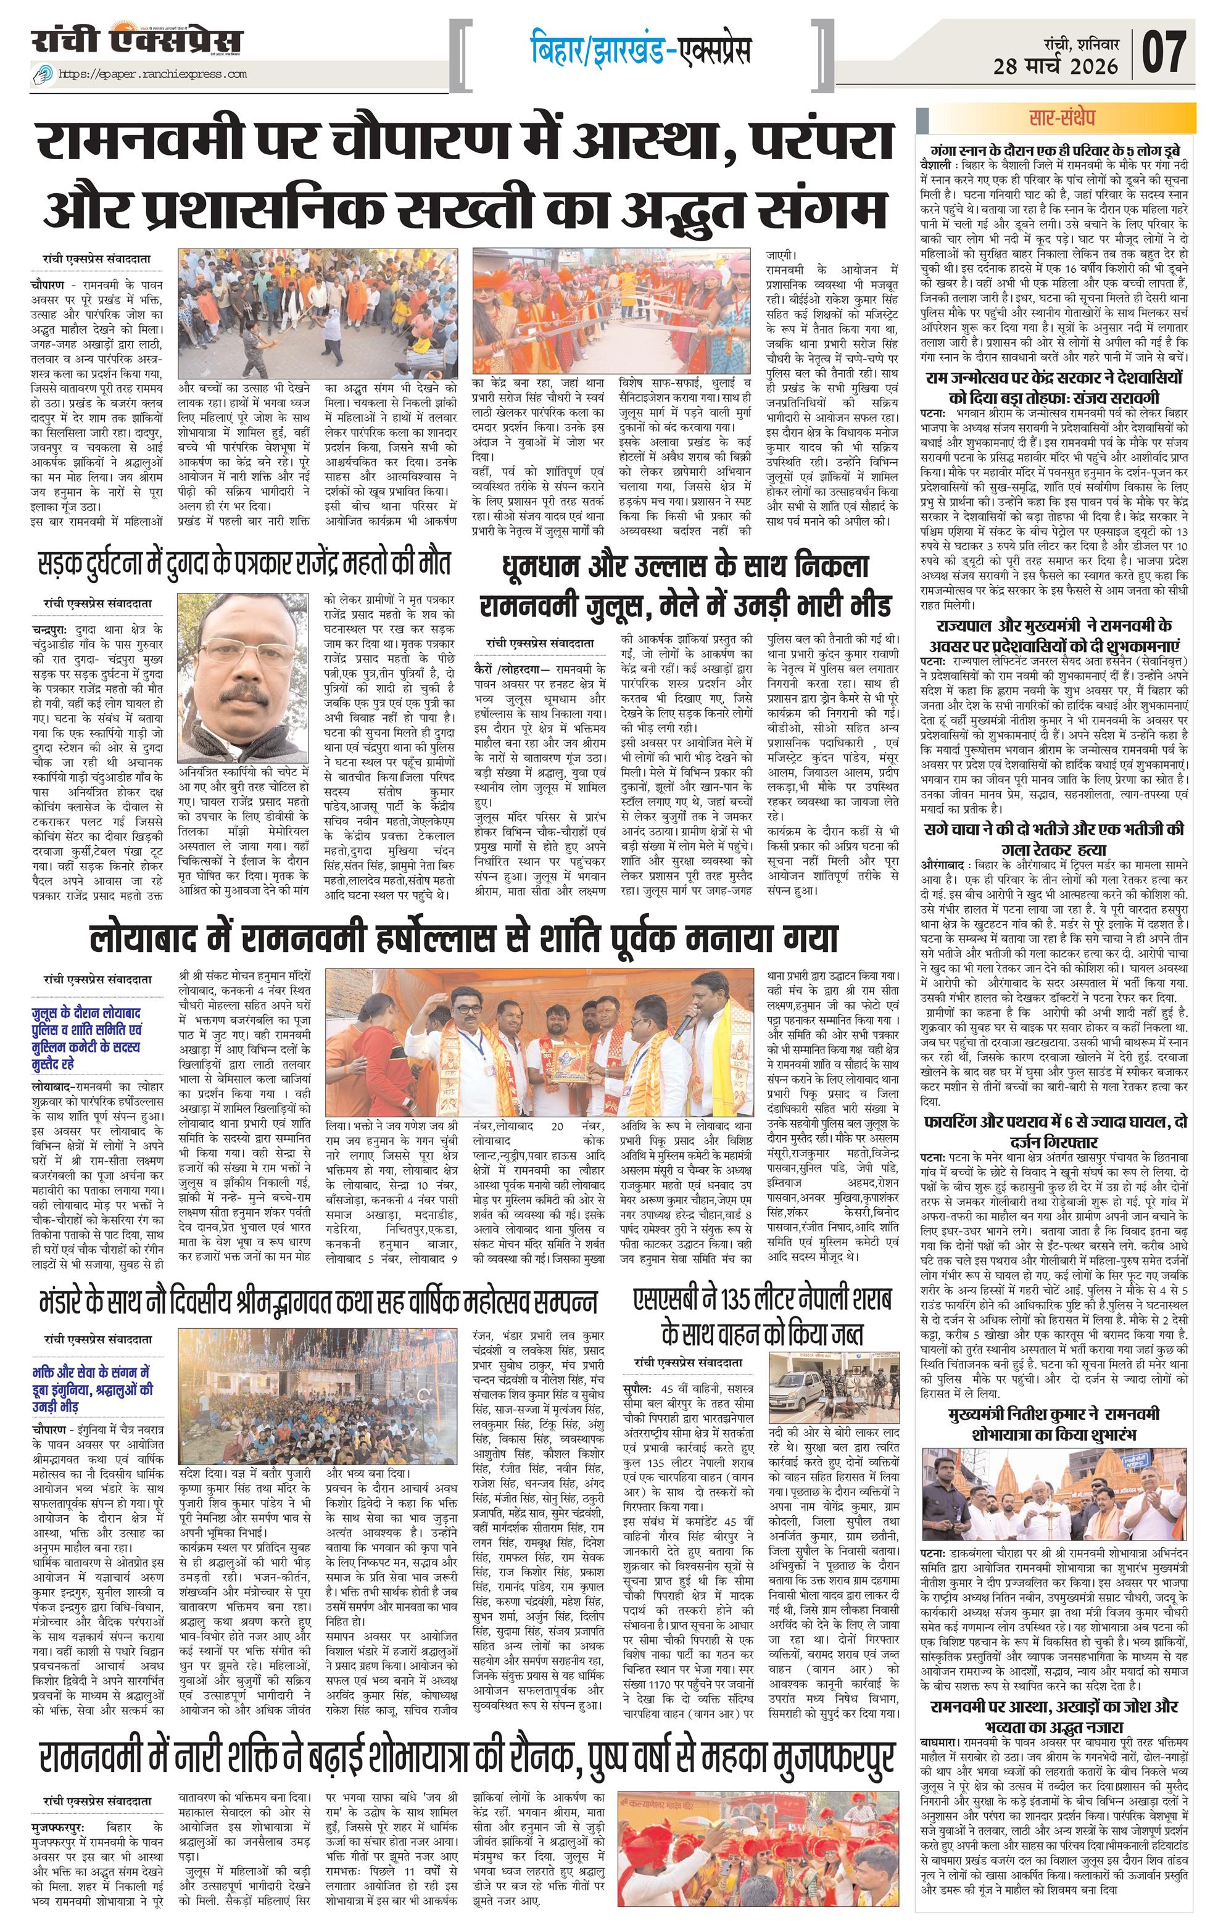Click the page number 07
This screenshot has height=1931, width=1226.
[1164, 51]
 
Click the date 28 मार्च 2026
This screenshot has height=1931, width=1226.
[1055, 66]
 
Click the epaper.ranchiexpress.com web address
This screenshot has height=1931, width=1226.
[152, 74]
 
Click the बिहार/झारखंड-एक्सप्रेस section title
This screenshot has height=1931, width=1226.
[640, 50]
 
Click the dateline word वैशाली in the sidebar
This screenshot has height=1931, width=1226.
[939, 163]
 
